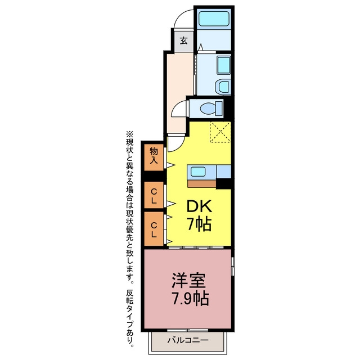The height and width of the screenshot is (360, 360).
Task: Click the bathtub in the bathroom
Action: [x=214, y=19]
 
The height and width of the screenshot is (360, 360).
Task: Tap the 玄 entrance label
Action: [x=183, y=41]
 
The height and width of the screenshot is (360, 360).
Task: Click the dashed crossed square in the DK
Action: [x=220, y=132]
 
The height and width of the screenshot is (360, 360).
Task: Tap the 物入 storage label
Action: [x=154, y=156]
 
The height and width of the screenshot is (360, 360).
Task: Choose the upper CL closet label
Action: [x=154, y=196]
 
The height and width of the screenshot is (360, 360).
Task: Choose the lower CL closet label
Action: [x=154, y=230]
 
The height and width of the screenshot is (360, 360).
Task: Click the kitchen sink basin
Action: [x=197, y=172]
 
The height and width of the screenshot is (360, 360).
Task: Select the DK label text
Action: [x=199, y=206]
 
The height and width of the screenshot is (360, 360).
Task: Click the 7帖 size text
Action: [x=199, y=224]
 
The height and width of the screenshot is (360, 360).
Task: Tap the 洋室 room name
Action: [x=188, y=280]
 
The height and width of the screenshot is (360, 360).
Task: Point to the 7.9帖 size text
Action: [x=190, y=298]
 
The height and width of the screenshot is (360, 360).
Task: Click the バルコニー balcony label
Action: [x=188, y=340]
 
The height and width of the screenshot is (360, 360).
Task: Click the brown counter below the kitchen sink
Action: [x=201, y=184]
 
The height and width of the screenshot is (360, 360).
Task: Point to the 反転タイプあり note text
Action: [x=130, y=318]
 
